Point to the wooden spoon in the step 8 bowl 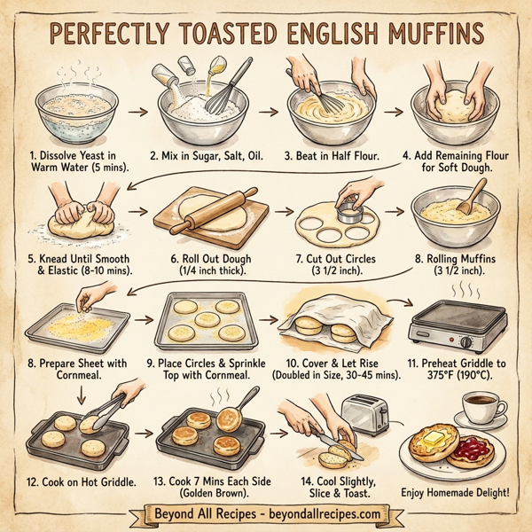point(472,197)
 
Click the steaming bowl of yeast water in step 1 point(63,107)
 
